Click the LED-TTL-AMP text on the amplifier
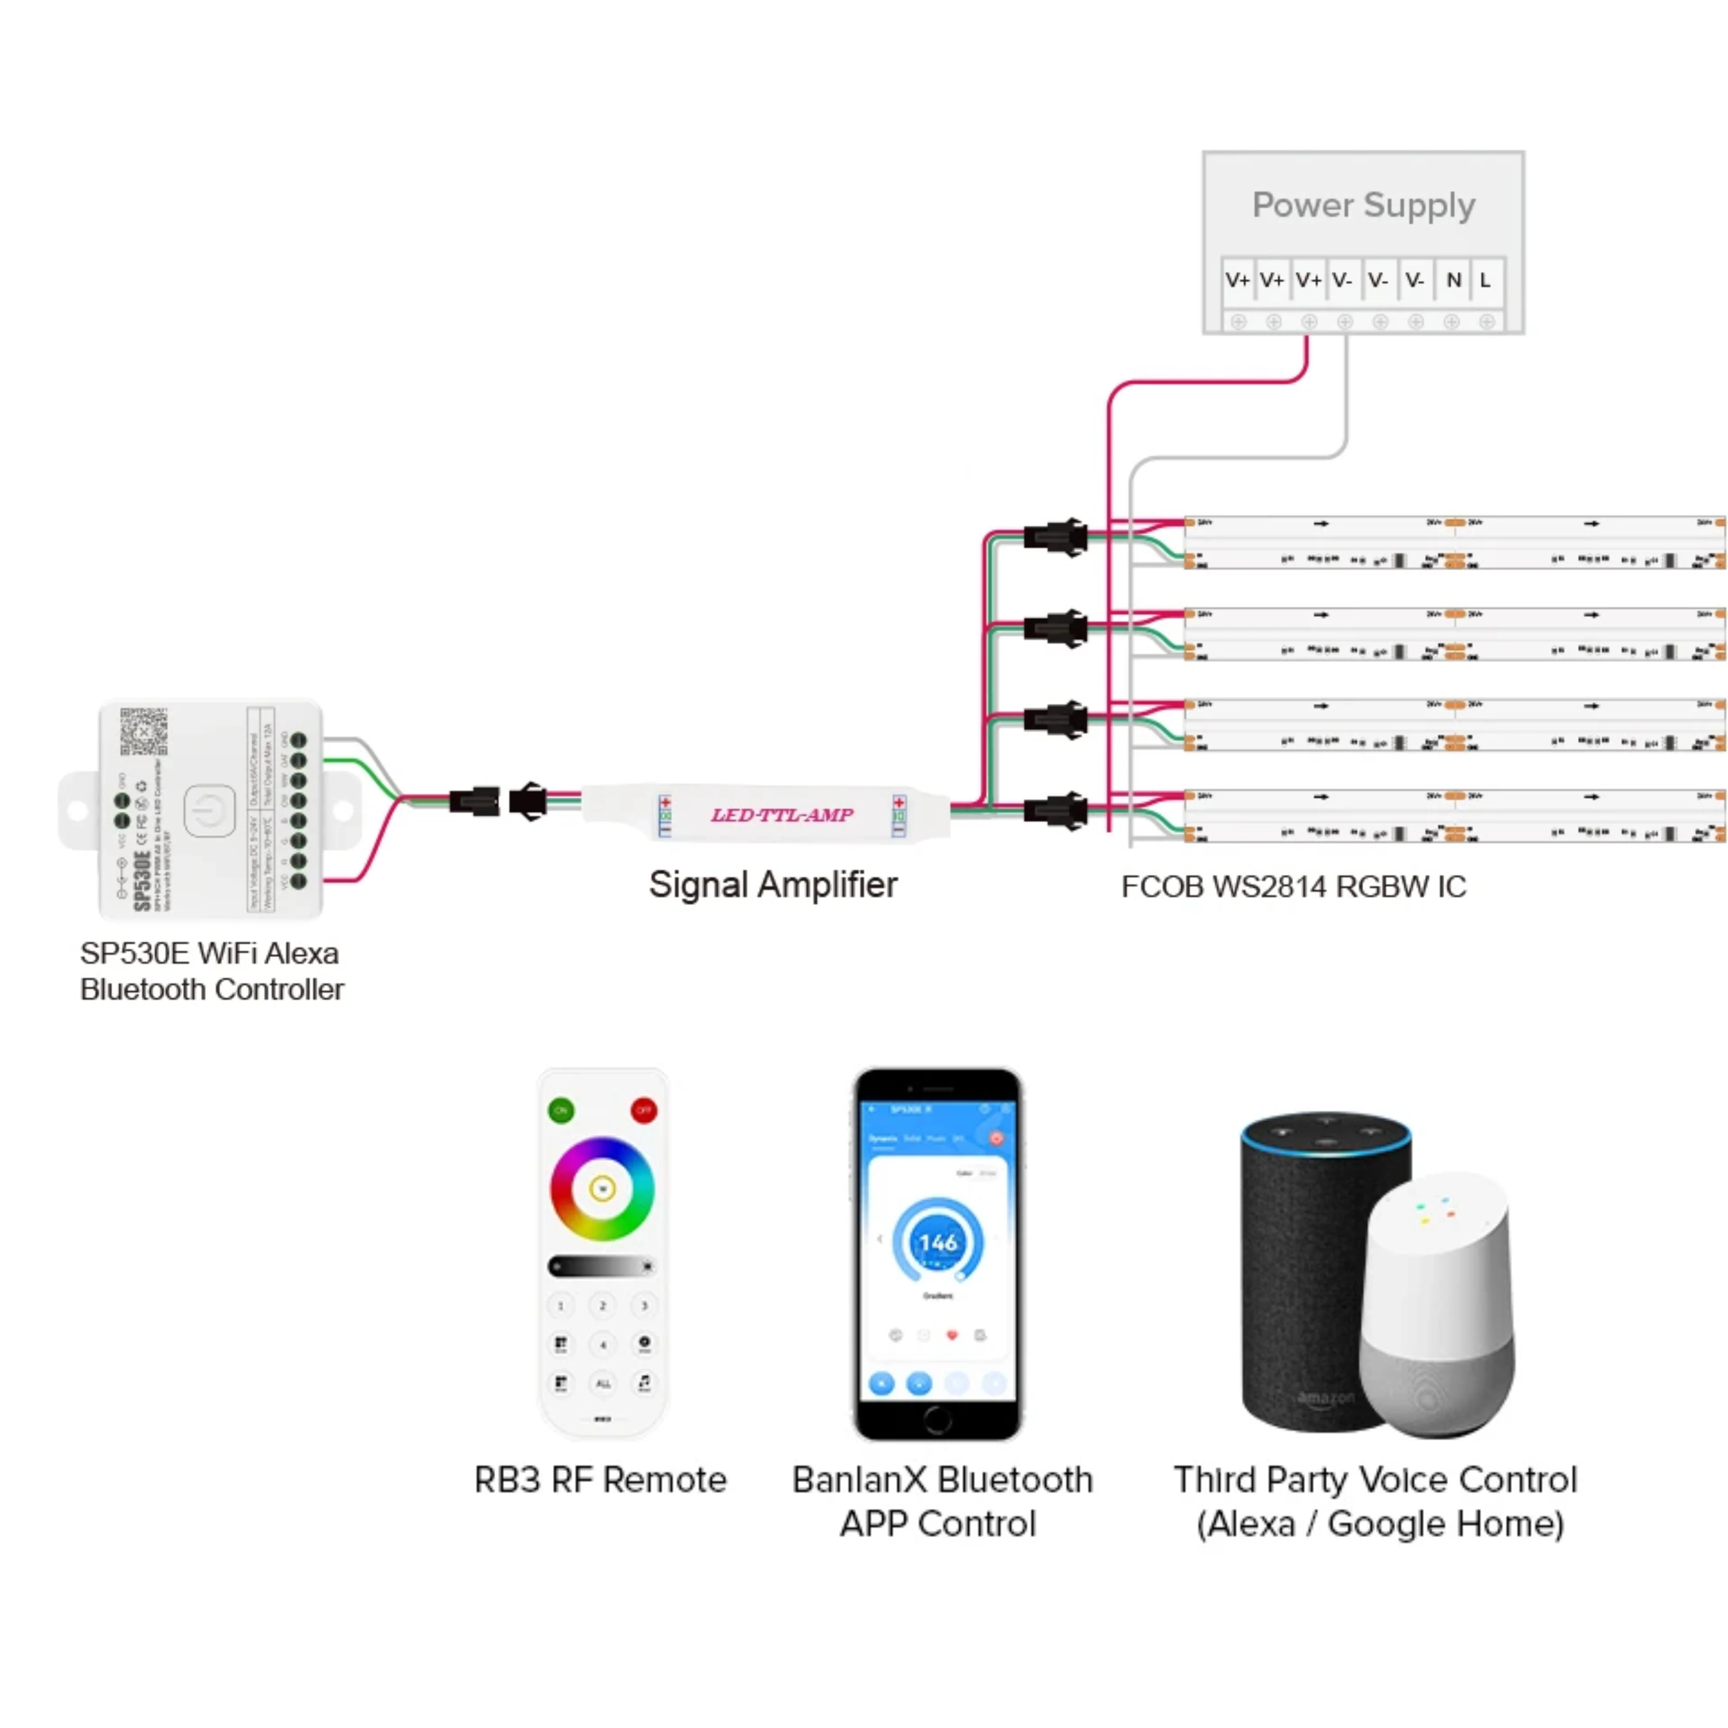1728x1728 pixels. tap(782, 815)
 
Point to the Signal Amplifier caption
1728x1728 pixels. tap(773, 885)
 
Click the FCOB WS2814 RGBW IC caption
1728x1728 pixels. tap(1293, 886)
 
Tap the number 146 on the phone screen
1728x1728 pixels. tap(937, 1243)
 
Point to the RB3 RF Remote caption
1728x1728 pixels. tap(600, 1480)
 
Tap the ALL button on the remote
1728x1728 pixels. tap(603, 1384)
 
